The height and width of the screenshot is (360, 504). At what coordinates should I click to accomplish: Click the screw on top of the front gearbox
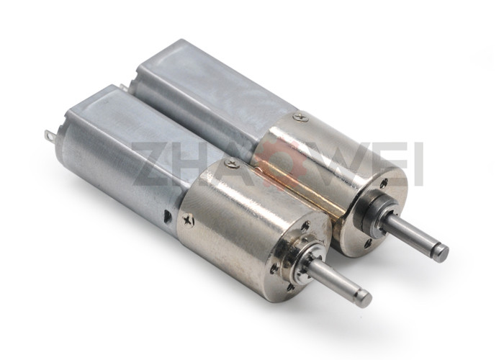[x=232, y=163]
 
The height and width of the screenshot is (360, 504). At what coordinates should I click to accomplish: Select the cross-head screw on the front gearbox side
[x=188, y=220]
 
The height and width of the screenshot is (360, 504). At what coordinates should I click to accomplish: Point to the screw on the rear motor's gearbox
[x=301, y=116]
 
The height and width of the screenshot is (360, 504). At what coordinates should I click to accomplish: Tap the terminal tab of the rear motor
[x=123, y=87]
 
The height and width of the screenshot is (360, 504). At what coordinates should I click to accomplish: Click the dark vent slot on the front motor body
[x=167, y=216]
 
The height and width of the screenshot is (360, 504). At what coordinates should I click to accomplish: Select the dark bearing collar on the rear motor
[x=367, y=210]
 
